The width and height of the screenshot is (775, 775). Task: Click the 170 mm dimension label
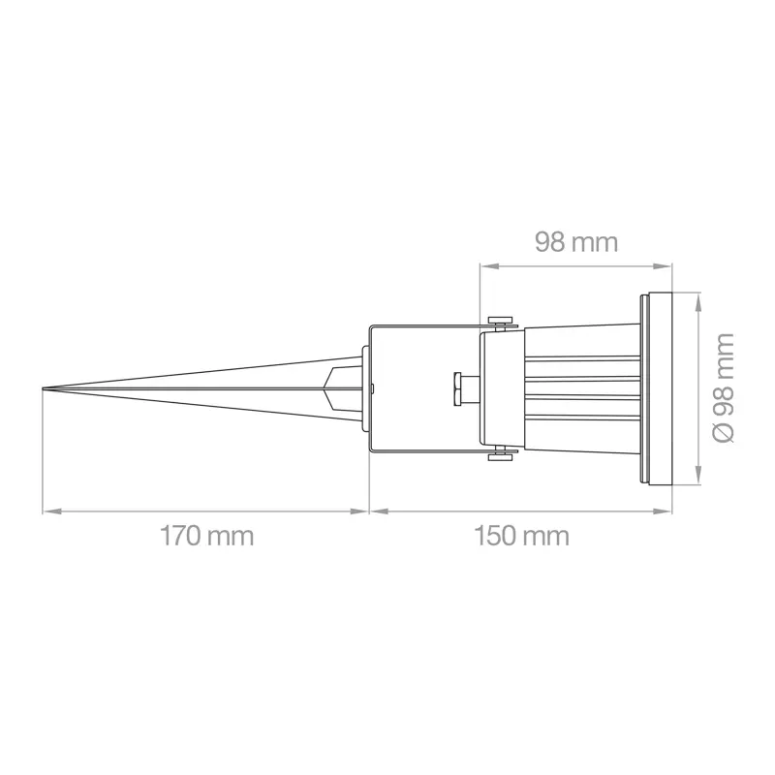(x=206, y=537)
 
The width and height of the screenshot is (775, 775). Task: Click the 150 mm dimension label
(x=521, y=537)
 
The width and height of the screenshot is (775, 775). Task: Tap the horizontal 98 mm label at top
(x=576, y=243)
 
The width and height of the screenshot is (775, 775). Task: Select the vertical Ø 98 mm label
(x=723, y=388)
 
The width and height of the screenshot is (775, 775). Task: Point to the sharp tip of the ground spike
(x=43, y=389)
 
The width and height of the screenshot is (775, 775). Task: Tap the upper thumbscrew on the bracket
(x=501, y=322)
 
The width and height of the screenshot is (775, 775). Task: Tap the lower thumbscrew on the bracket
(x=501, y=454)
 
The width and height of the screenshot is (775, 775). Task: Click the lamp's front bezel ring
(x=657, y=388)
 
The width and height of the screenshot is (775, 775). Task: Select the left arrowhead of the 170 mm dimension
(x=51, y=511)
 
